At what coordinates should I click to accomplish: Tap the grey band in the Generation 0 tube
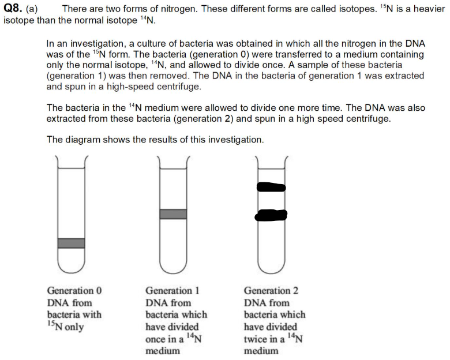(x=72, y=243)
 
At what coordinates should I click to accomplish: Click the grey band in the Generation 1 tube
(x=173, y=214)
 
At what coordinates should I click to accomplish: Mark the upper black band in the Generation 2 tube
(x=271, y=187)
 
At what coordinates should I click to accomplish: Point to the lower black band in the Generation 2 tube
(x=271, y=215)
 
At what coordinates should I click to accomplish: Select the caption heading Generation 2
(x=271, y=291)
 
